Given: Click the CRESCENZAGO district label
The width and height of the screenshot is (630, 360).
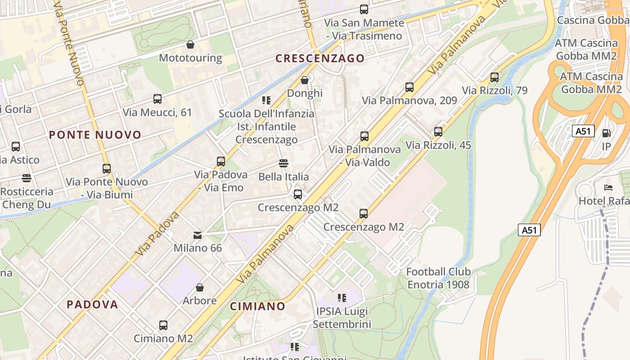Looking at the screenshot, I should [x=320, y=58].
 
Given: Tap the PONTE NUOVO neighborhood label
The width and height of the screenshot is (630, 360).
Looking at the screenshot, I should [x=95, y=135].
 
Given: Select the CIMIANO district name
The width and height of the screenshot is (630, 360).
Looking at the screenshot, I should [x=257, y=306].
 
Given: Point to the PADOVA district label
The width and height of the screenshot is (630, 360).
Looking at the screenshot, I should [x=92, y=304].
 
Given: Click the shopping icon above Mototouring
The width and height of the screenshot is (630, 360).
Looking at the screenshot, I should [x=190, y=45].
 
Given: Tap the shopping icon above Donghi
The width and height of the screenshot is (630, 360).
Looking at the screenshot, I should [x=305, y=80].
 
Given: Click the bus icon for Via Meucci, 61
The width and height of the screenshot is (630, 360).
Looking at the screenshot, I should [x=157, y=99].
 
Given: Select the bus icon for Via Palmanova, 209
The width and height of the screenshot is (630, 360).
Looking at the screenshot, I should [x=409, y=87].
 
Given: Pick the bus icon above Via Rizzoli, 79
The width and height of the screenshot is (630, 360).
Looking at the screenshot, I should [x=494, y=77].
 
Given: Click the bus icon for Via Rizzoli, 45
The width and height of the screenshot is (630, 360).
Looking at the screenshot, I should [x=438, y=132].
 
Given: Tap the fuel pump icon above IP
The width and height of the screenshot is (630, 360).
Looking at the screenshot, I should [x=606, y=133].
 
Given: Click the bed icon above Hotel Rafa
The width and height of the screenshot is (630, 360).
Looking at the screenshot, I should [x=608, y=187].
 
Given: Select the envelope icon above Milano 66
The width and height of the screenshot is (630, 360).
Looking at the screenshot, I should [x=198, y=235].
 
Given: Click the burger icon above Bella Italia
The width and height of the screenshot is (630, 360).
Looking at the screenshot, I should [x=283, y=163].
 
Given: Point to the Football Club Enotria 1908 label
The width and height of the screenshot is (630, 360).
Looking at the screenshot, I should [x=438, y=278].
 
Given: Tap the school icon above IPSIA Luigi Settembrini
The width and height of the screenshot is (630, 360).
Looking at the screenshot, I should [x=342, y=297].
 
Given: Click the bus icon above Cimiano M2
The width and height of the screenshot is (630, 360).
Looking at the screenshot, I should [x=163, y=325].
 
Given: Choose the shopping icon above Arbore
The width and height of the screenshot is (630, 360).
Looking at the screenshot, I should [x=199, y=287].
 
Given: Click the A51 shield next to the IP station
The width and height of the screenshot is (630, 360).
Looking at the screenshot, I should [x=583, y=131].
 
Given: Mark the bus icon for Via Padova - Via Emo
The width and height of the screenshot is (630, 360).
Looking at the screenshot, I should [x=220, y=161].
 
